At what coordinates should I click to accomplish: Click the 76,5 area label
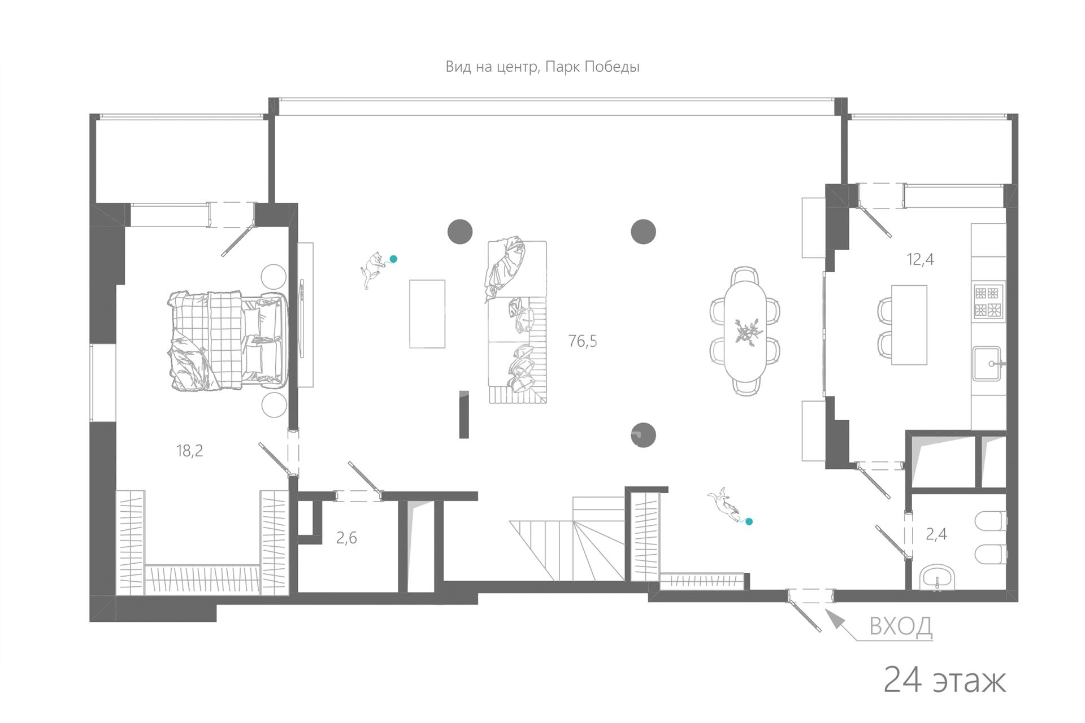583,341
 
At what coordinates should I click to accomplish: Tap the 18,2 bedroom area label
189,451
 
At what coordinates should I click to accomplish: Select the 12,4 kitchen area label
920,259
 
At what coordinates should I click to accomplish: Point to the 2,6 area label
346,538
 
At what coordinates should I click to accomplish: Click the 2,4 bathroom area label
936,534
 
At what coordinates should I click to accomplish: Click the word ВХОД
900,626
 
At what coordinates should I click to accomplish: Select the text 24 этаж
944,680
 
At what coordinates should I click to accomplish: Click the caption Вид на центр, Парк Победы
542,67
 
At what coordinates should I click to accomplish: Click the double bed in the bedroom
227,341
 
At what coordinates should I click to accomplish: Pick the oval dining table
745,331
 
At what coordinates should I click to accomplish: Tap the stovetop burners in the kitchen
988,302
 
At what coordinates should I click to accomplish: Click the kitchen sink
987,363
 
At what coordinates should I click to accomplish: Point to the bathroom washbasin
937,578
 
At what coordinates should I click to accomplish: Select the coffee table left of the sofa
427,313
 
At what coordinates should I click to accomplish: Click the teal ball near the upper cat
393,259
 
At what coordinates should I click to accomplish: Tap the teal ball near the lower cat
749,522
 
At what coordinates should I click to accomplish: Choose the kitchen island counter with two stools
909,325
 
